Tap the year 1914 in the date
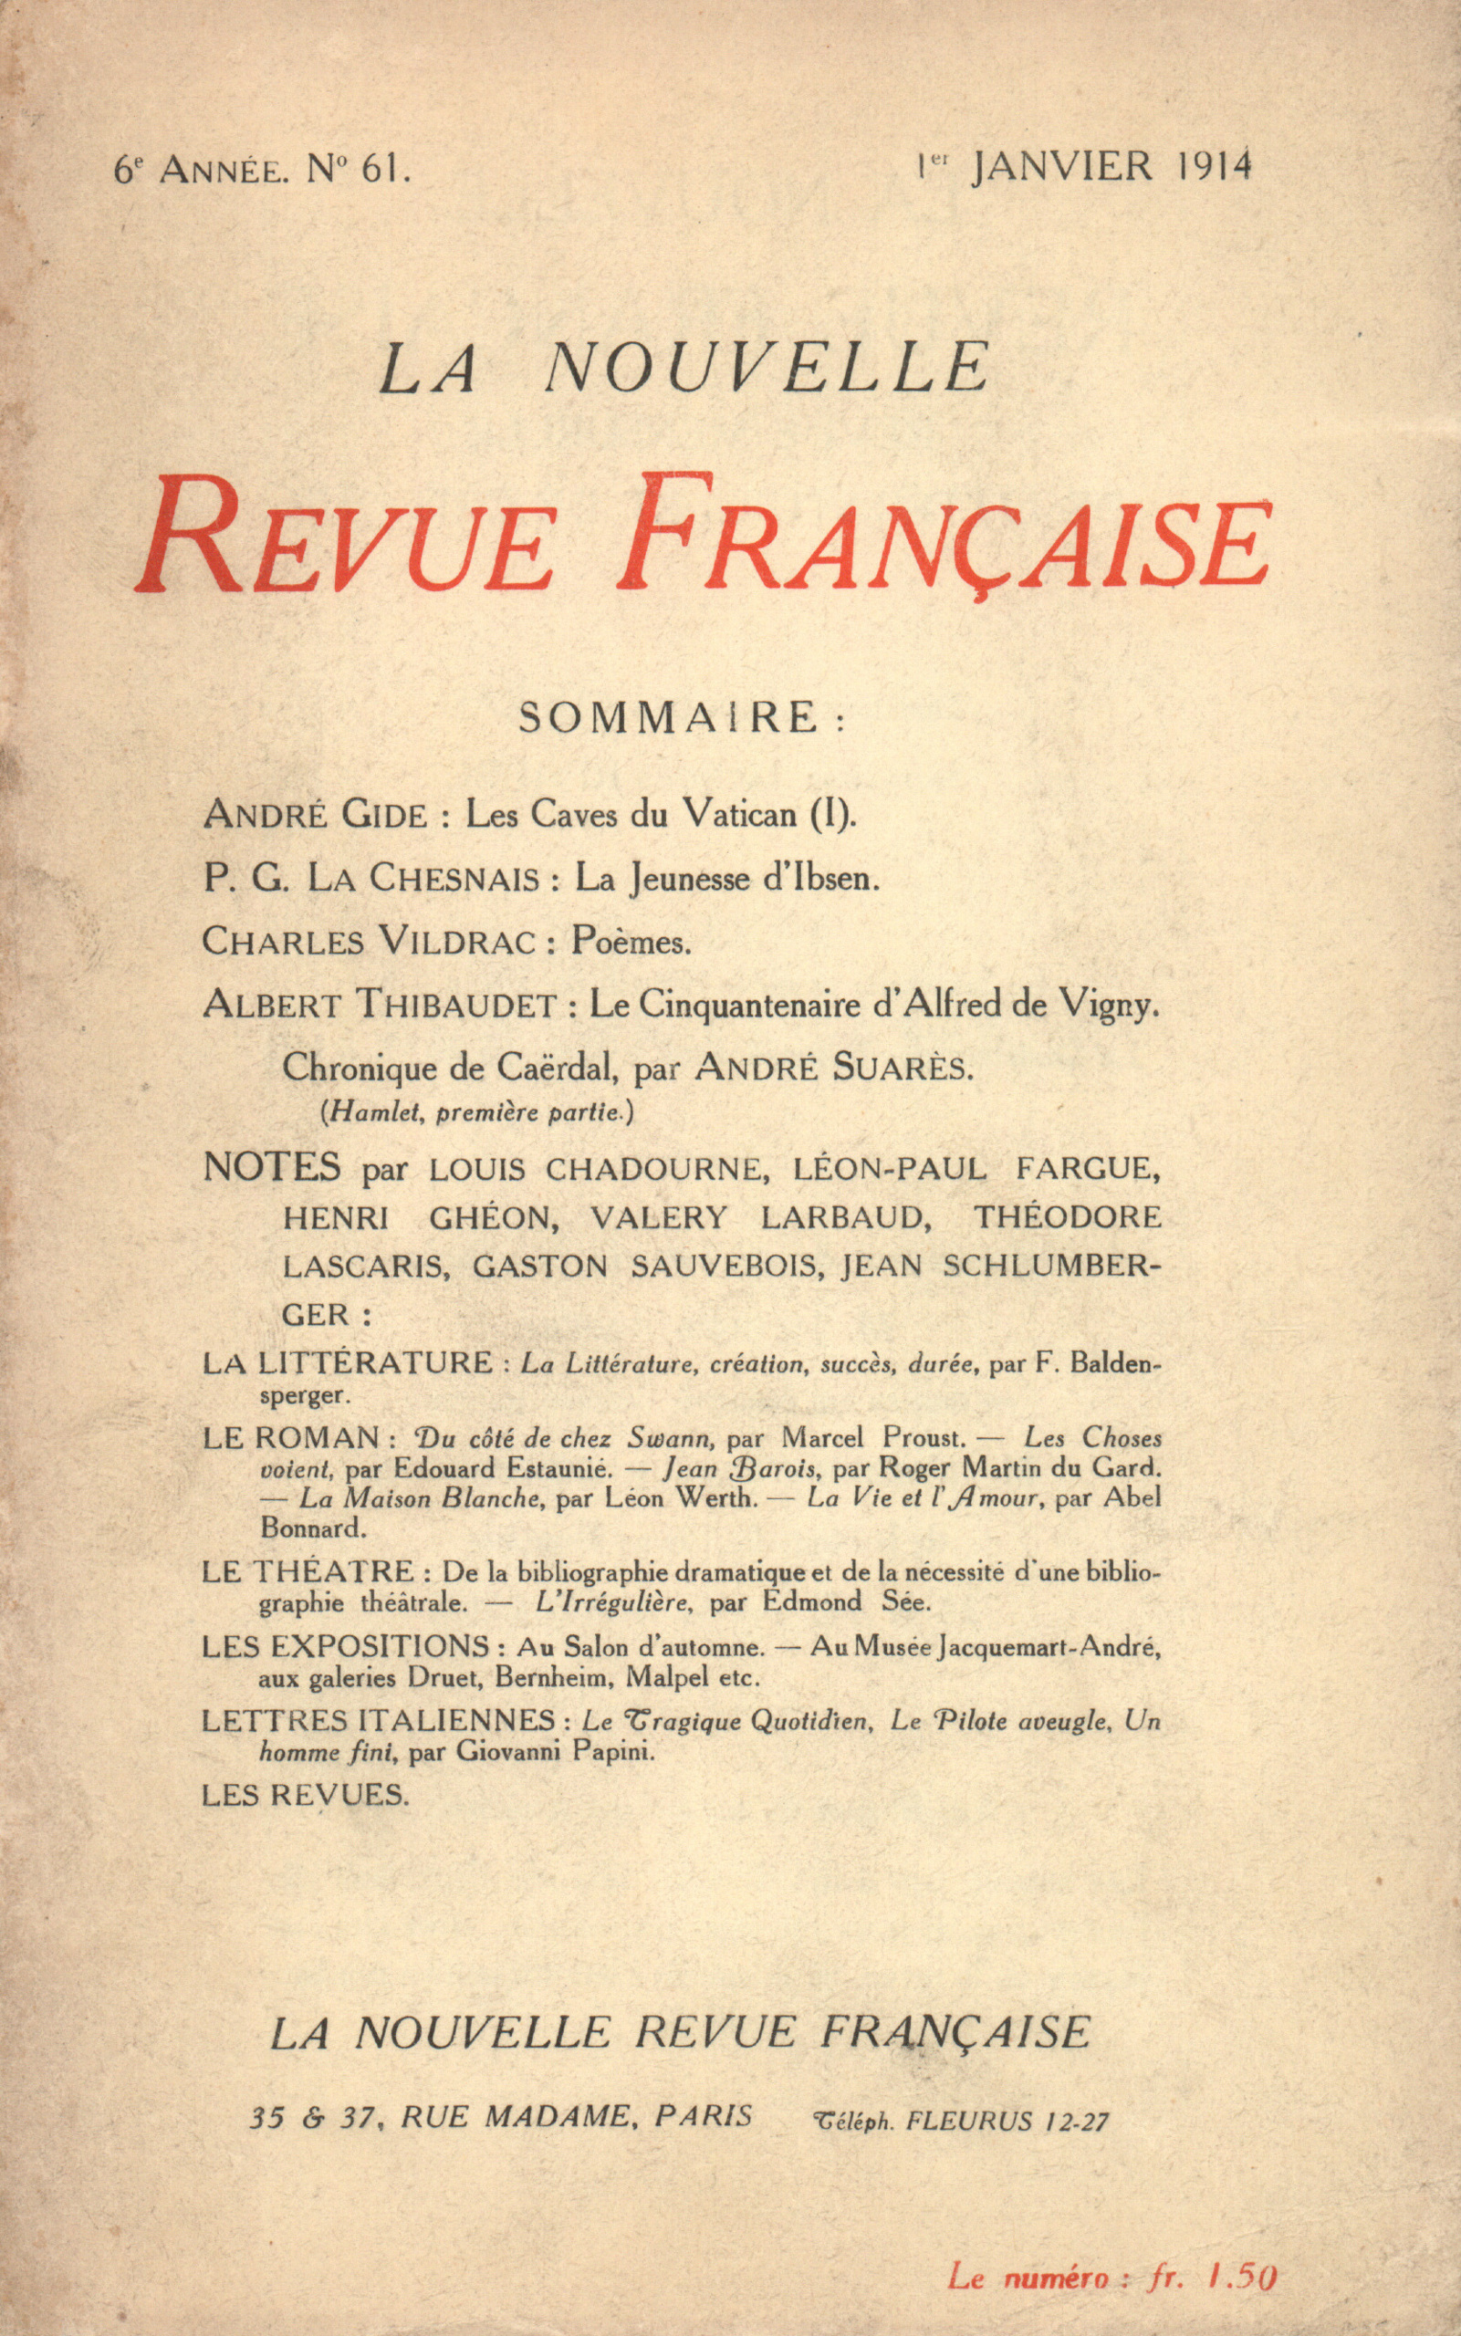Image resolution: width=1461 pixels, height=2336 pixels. pyautogui.click(x=1215, y=166)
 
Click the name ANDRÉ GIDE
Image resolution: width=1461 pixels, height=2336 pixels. pyautogui.click(x=314, y=816)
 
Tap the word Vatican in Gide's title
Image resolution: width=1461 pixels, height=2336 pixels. pyautogui.click(x=738, y=815)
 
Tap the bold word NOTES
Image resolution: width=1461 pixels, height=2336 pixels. pyautogui.click(x=272, y=1168)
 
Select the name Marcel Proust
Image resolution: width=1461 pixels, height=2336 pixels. pyautogui.click(x=872, y=1437)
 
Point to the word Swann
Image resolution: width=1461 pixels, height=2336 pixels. pyautogui.click(x=671, y=1438)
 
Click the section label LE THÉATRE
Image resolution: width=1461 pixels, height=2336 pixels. pyautogui.click(x=308, y=1572)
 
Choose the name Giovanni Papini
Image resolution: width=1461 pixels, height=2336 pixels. pyautogui.click(x=555, y=1750)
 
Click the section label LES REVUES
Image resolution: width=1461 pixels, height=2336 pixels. pyautogui.click(x=306, y=1795)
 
